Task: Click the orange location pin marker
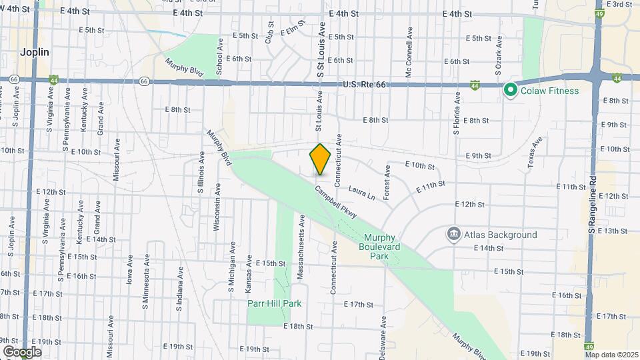320,159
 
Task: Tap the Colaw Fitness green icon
511,89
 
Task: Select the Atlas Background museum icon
453,234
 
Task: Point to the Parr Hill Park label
274,303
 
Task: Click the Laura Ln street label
362,193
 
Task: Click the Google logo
22,351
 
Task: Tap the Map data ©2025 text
611,355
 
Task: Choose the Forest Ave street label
387,178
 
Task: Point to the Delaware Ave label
384,333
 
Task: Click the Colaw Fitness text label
550,90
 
